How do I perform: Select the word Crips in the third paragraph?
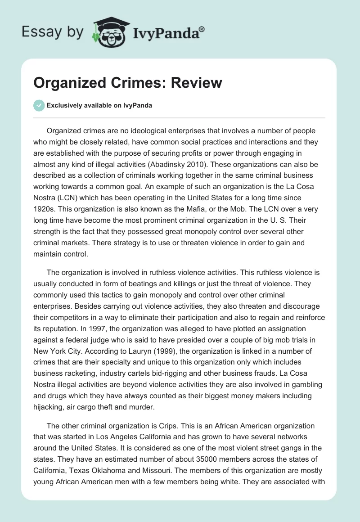point(165,426)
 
